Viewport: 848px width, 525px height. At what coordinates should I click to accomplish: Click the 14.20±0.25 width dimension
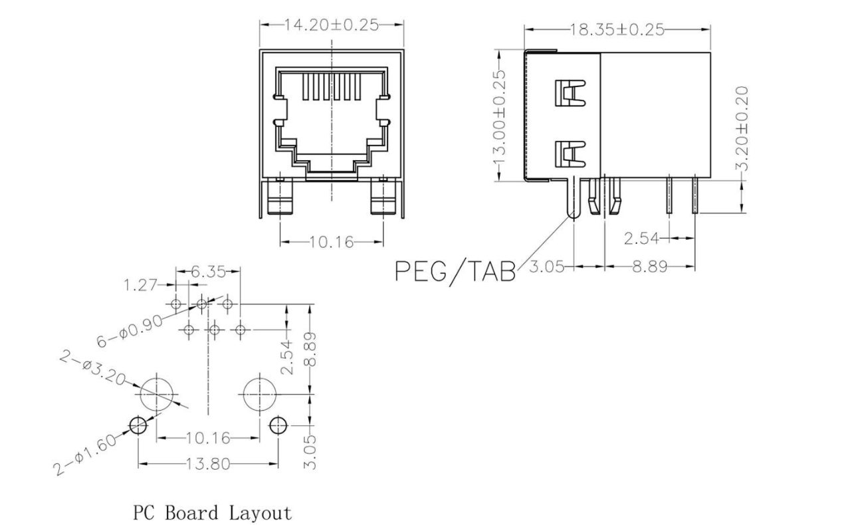[331, 25]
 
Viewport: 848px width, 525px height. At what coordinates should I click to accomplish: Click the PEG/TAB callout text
[455, 270]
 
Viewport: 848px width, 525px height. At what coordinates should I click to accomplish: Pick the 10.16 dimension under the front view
[331, 241]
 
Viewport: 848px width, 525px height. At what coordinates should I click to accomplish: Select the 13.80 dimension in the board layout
[207, 464]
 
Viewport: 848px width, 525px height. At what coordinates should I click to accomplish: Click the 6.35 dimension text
[208, 271]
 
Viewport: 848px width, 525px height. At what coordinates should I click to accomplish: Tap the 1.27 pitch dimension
[140, 286]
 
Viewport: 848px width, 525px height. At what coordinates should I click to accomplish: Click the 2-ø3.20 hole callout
[92, 369]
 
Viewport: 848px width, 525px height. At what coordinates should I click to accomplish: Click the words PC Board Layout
[212, 513]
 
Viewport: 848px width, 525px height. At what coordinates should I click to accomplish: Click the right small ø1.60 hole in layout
[276, 425]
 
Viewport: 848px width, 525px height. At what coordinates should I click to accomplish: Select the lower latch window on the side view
[568, 154]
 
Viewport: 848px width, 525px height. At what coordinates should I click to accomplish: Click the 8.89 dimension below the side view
[650, 267]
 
